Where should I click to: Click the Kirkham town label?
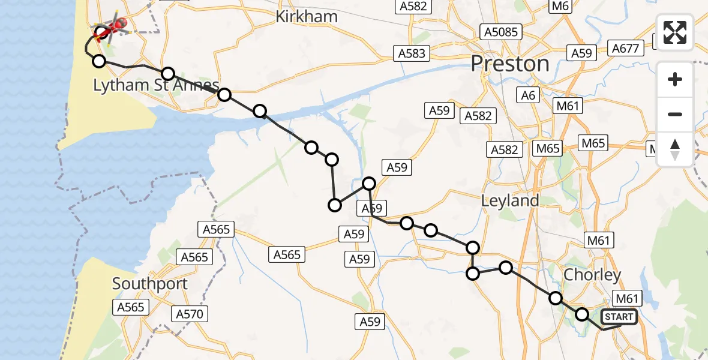[306, 16]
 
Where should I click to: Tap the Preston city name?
[510, 64]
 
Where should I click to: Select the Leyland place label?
[510, 200]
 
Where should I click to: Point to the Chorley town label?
[593, 275]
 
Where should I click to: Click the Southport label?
[150, 284]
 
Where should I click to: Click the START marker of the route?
[619, 317]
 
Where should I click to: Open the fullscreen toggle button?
[675, 32]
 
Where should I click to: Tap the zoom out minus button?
[675, 114]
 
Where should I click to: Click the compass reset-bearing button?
[675, 149]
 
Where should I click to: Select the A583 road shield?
[412, 53]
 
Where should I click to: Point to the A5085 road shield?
[501, 32]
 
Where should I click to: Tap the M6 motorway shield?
[560, 6]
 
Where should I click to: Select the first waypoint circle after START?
[581, 314]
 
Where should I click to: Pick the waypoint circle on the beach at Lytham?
[99, 61]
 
